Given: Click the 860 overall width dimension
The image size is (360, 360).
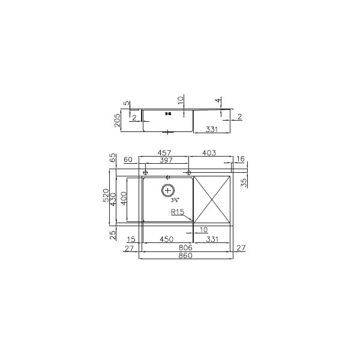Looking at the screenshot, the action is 185,256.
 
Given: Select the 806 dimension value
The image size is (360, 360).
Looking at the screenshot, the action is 185,248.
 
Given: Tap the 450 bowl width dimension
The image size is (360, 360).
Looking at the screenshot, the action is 166,239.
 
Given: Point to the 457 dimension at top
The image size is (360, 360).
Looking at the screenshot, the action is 164,152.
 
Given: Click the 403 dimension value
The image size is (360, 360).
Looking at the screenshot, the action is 209,152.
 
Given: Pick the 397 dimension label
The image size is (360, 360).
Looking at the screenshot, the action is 166,160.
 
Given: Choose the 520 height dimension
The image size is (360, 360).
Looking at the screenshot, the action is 106,195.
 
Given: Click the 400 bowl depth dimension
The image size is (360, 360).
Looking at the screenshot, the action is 124,199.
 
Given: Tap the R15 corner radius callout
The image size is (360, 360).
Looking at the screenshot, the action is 178,212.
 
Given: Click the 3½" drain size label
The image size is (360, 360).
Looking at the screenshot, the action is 175,200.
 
